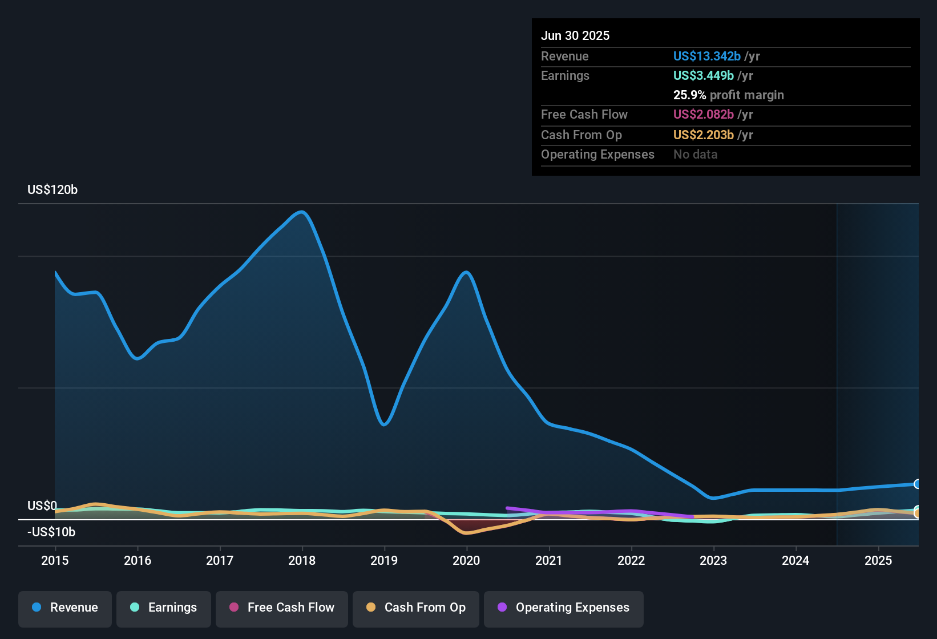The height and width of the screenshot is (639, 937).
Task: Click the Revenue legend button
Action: click(65, 608)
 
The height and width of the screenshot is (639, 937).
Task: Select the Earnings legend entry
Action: click(164, 608)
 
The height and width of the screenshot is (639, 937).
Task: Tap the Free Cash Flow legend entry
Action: click(282, 608)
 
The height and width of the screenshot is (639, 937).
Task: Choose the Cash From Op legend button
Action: click(416, 608)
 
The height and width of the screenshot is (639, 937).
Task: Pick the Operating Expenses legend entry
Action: click(564, 608)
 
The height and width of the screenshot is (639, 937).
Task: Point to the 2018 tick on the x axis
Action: click(302, 560)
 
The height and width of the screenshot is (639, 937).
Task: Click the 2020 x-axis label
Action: click(466, 560)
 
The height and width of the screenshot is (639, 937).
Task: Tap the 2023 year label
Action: click(713, 560)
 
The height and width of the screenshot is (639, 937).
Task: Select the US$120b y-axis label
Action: click(52, 190)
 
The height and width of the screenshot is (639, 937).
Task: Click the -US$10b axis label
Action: click(51, 532)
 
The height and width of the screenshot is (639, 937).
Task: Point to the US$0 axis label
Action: click(42, 506)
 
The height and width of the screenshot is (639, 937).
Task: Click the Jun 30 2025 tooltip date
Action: click(575, 36)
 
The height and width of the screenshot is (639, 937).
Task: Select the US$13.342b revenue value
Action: click(706, 56)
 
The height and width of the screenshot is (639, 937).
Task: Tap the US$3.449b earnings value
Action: click(703, 76)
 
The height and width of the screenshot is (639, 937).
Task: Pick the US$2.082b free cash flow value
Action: click(703, 115)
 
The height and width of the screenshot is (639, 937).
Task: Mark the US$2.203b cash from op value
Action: click(703, 135)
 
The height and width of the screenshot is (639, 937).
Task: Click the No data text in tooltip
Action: click(695, 155)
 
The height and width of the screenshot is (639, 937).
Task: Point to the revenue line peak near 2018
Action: click(302, 212)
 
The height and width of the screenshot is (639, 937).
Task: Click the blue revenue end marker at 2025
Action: click(917, 484)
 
